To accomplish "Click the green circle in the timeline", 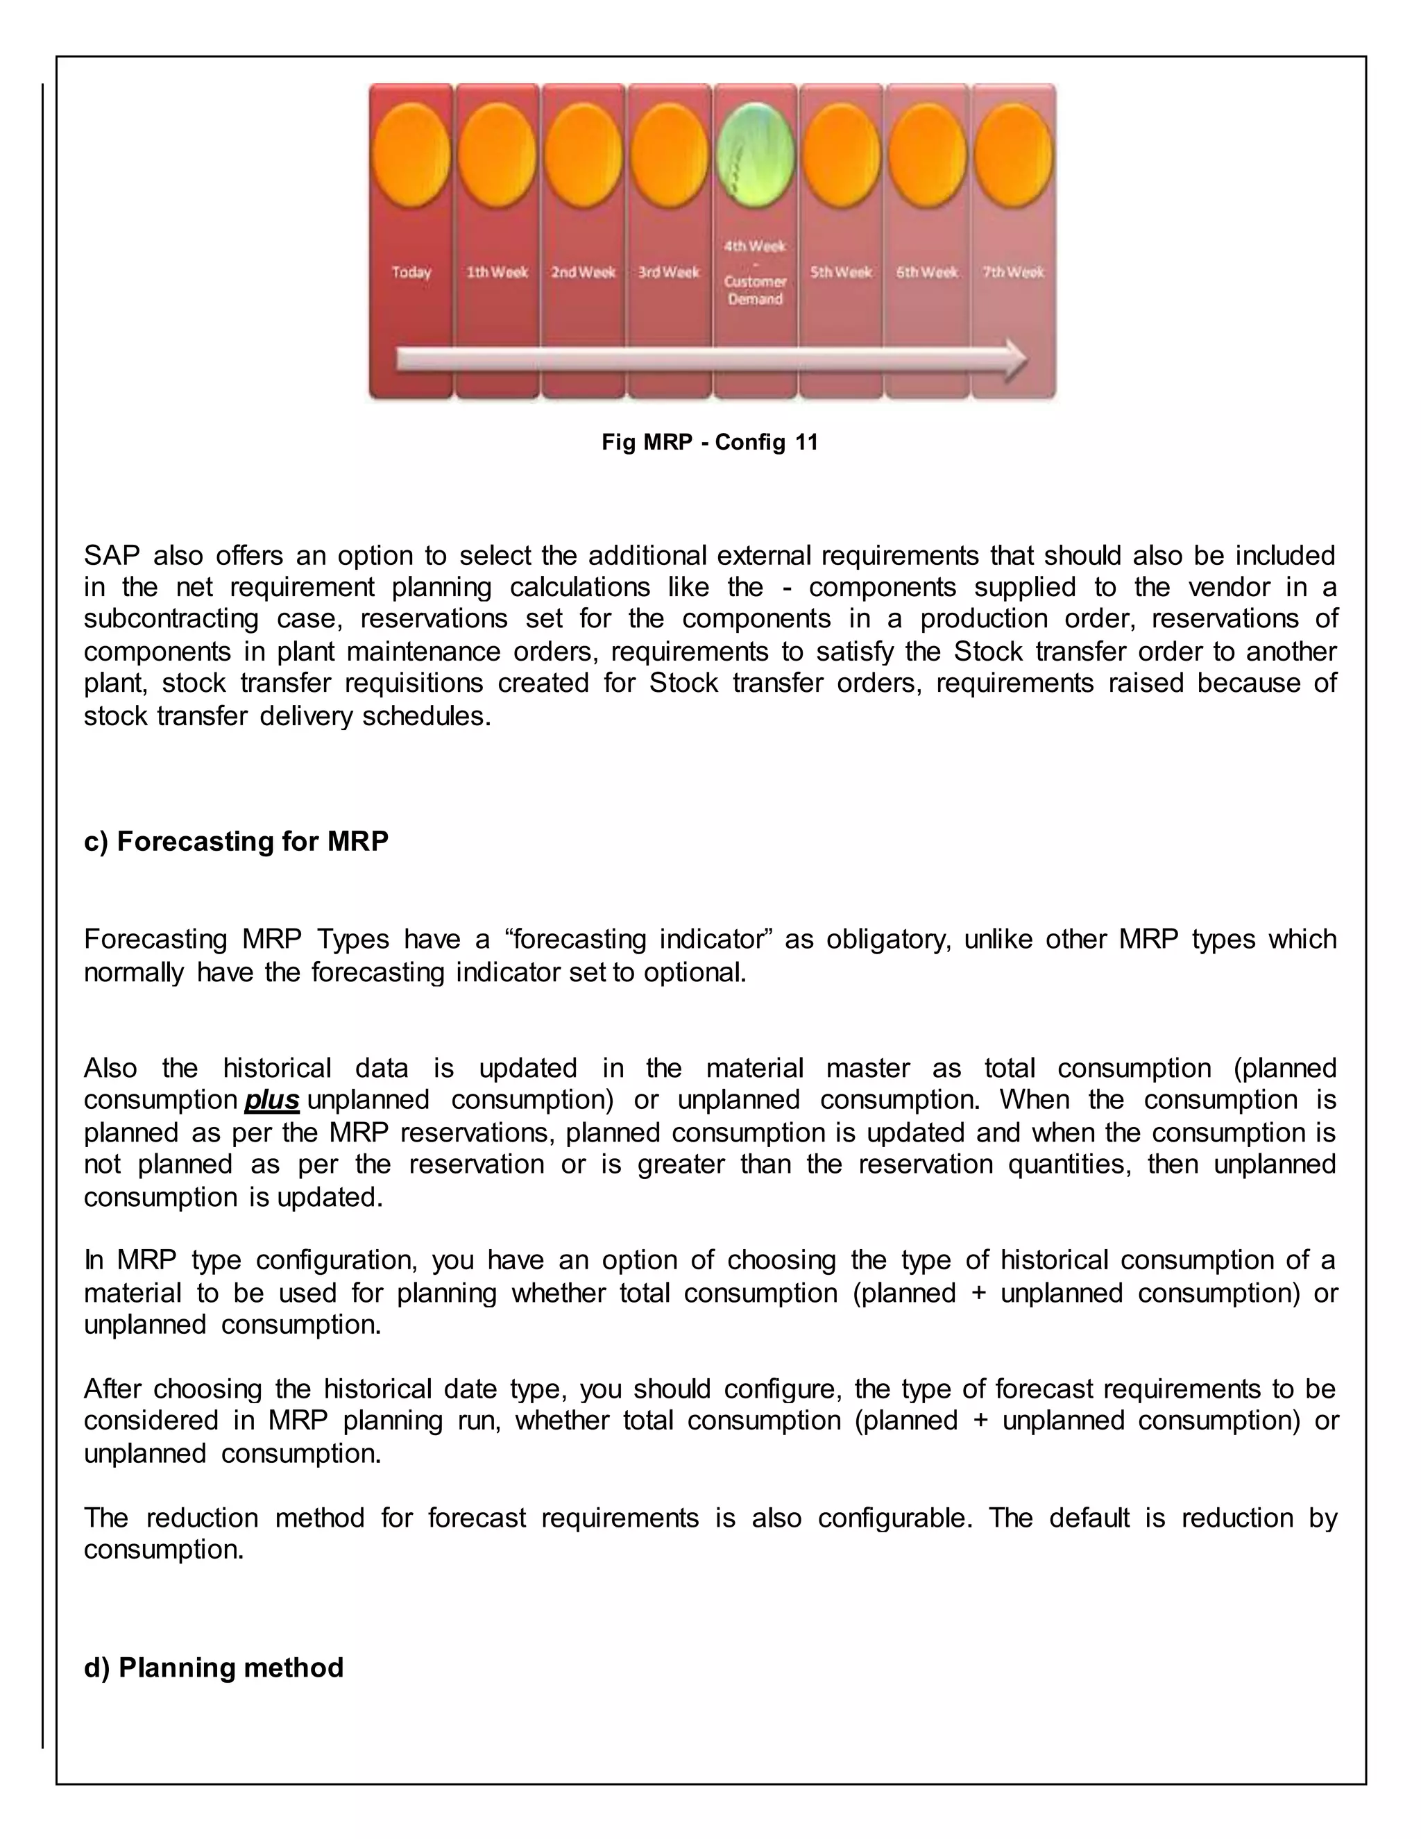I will pyautogui.click(x=755, y=155).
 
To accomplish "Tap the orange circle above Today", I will pyautogui.click(x=411, y=155).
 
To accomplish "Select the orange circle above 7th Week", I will pyautogui.click(x=1014, y=155).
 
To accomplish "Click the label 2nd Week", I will pyautogui.click(x=584, y=272).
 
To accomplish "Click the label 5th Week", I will pyautogui.click(x=841, y=272).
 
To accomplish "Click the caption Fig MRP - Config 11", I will pyautogui.click(x=710, y=442).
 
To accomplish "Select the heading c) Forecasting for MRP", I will pyautogui.click(x=236, y=841).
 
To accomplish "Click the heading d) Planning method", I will pyautogui.click(x=214, y=1667).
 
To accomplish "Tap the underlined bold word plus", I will pyautogui.click(x=272, y=1100).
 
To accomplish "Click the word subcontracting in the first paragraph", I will pyautogui.click(x=171, y=619).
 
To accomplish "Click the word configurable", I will pyautogui.click(x=895, y=1517).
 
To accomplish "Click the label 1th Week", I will pyautogui.click(x=497, y=272).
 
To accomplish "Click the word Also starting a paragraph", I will pyautogui.click(x=110, y=1068).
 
